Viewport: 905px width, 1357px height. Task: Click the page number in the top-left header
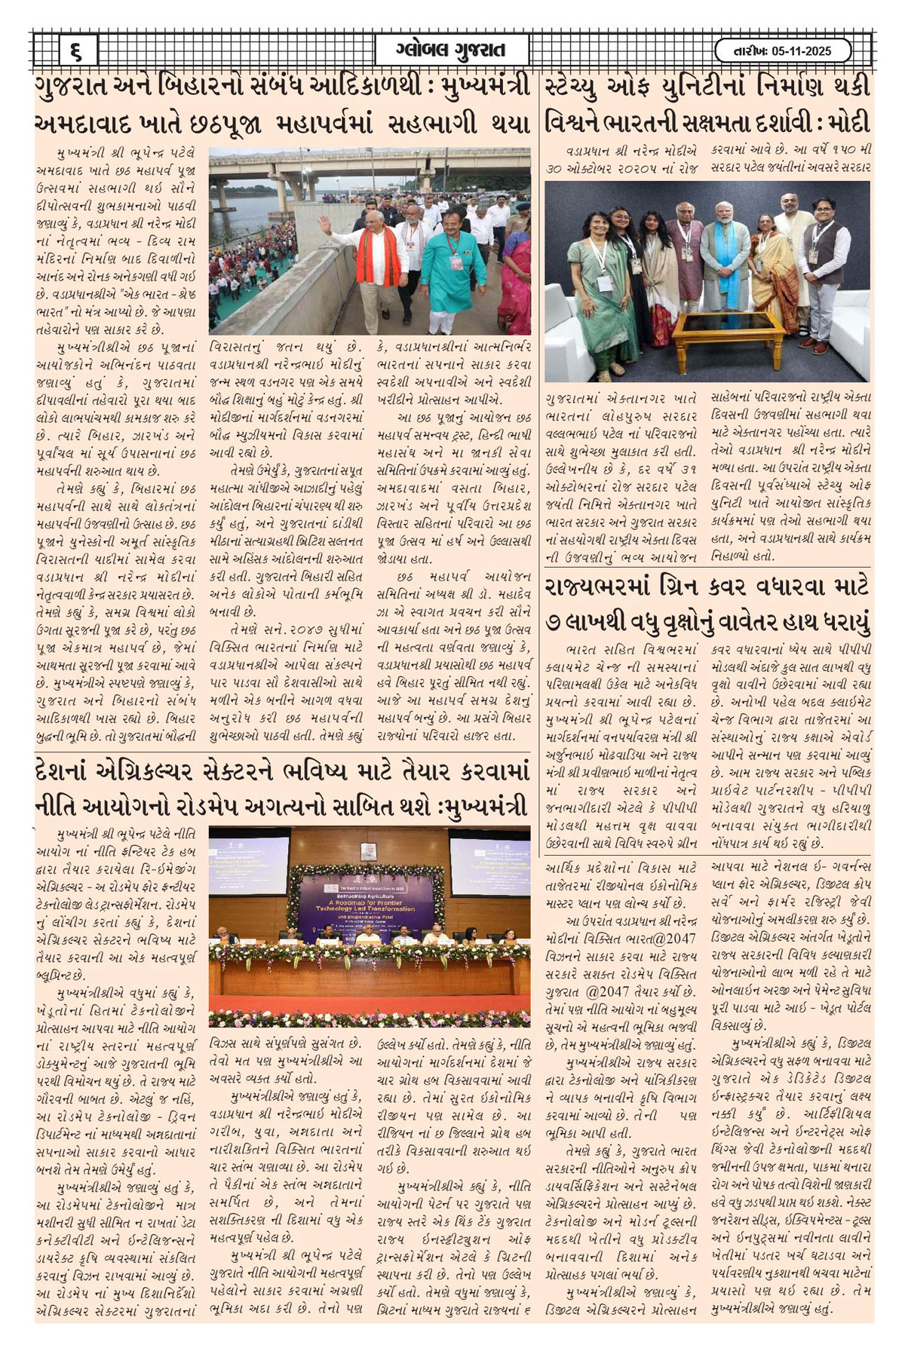(x=76, y=51)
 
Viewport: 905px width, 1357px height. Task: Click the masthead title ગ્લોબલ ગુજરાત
(x=451, y=51)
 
